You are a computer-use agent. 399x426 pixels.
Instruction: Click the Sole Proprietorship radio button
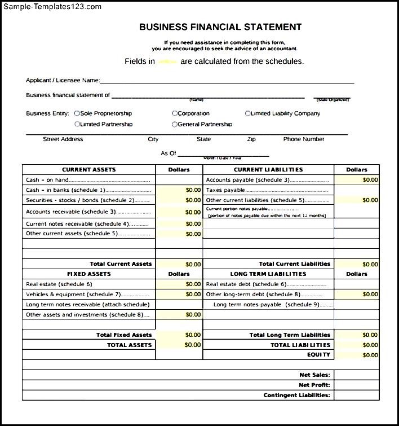77,113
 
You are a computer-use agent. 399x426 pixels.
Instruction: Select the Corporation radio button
175,113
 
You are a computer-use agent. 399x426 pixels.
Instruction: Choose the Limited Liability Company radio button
247,113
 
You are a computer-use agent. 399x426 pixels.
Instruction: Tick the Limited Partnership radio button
77,124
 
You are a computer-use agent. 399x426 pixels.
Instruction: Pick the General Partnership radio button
175,124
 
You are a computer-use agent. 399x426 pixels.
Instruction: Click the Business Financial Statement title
220,27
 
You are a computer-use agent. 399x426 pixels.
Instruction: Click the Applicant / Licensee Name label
63,80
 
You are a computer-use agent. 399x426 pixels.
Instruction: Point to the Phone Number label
304,139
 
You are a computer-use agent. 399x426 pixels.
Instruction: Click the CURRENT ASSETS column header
88,169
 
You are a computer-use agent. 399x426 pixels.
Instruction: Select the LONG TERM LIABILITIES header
268,274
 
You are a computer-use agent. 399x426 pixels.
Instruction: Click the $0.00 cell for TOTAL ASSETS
193,345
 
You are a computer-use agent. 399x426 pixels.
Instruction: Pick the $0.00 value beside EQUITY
370,355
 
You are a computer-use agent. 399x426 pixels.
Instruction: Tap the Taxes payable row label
225,190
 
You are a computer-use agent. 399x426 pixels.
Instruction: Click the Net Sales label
314,375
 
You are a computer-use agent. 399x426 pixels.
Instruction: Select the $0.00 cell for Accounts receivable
193,212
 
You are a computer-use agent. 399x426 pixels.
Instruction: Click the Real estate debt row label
246,284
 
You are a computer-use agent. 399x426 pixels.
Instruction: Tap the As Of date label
169,153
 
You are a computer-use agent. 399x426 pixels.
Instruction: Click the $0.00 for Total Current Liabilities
370,264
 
